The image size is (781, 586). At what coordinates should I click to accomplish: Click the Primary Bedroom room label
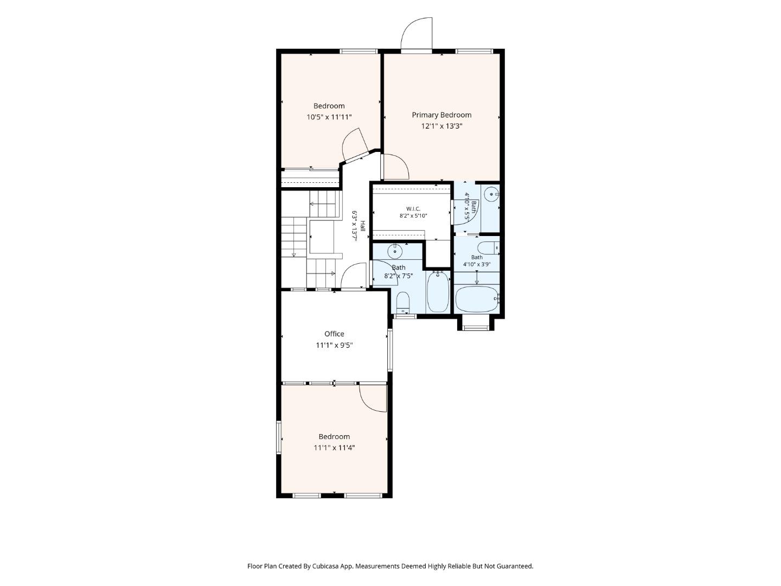point(441,115)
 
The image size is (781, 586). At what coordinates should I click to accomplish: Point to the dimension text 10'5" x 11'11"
point(329,117)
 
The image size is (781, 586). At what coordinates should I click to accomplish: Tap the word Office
point(334,334)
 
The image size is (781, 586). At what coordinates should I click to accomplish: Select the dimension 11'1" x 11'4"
point(334,448)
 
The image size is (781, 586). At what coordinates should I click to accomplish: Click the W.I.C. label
point(413,209)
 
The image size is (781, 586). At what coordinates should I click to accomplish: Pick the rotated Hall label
point(363,226)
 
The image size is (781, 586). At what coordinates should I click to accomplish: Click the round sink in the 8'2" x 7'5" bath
point(395,252)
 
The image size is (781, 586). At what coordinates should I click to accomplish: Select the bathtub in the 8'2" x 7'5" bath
point(438,292)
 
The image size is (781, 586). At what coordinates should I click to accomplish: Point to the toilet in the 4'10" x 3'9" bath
point(488,247)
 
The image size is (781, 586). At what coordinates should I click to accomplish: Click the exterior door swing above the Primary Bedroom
point(417,33)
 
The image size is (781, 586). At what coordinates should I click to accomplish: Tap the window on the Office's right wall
point(389,351)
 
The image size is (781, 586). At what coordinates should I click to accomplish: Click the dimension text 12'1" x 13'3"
point(441,126)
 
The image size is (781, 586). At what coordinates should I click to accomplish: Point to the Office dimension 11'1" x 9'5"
point(334,345)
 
